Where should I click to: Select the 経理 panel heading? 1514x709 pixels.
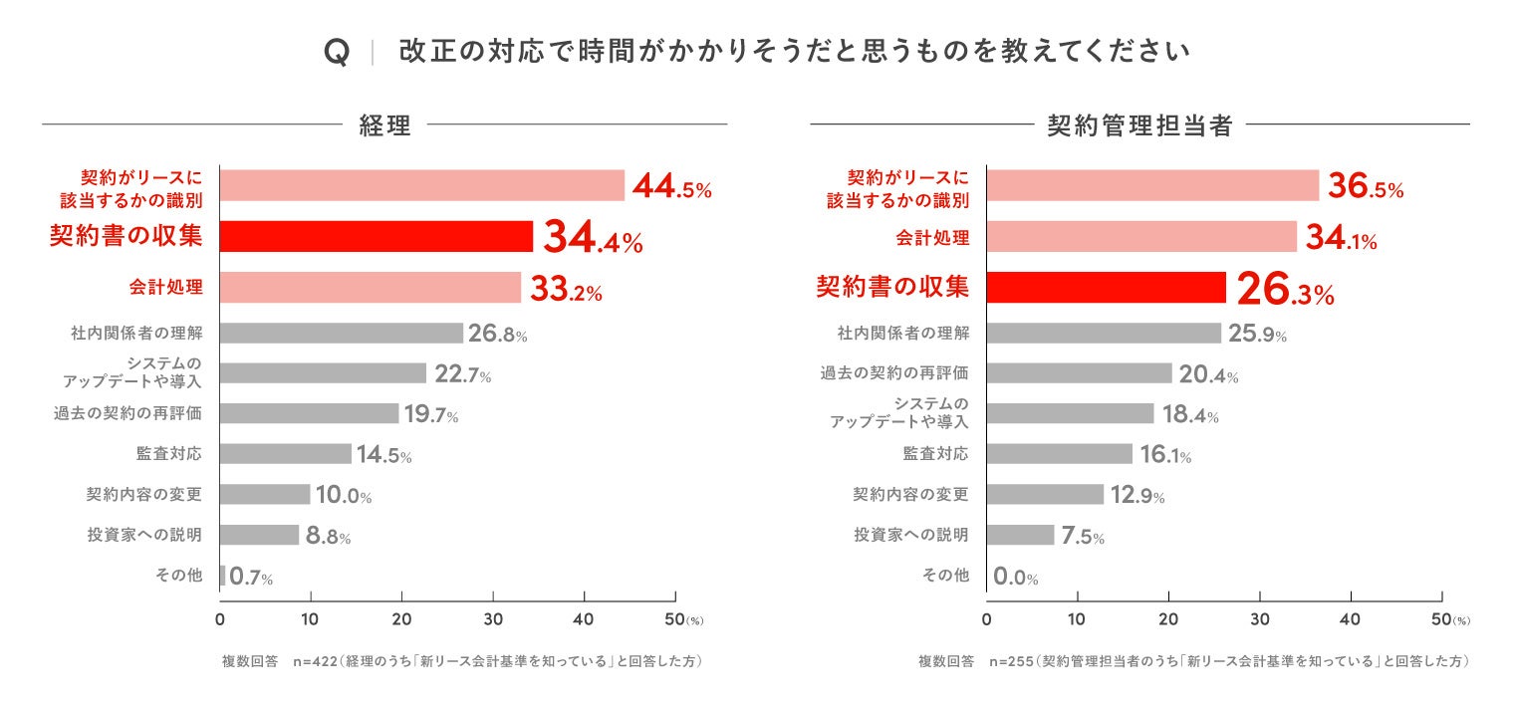coord(384,126)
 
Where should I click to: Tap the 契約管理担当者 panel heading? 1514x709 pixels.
coord(1140,126)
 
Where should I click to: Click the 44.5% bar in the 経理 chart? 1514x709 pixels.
coord(421,186)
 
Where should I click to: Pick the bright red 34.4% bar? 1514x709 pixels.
coord(376,237)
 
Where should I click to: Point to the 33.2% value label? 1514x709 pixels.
coord(566,290)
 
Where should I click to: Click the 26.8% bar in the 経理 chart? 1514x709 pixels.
coord(341,334)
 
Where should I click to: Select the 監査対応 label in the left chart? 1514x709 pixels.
coord(168,454)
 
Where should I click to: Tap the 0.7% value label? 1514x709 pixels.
coord(251,577)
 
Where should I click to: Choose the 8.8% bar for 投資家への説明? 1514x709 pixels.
coord(259,535)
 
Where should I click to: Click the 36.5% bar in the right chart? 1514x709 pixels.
coord(1152,186)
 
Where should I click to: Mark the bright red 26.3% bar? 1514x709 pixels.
coord(1106,288)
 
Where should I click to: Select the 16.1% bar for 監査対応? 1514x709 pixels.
coord(1059,454)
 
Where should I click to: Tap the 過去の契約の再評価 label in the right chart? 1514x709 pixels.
coord(893,373)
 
